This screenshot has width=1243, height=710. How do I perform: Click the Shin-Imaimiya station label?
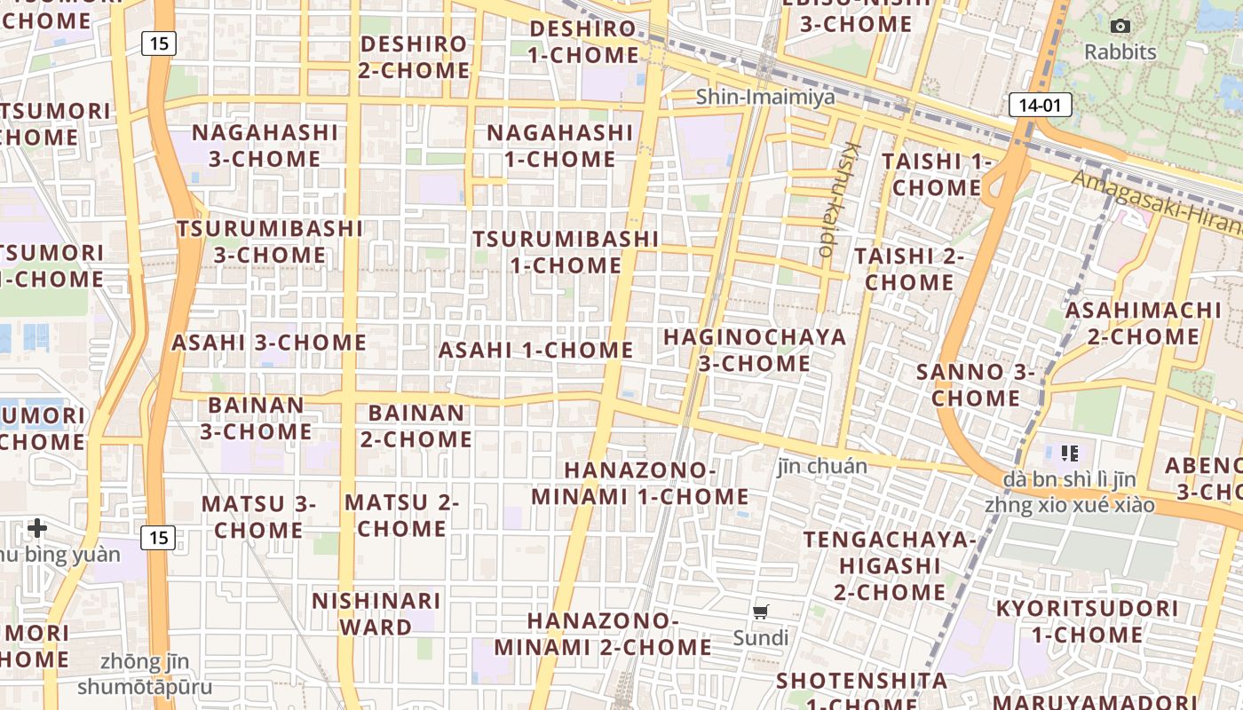765,97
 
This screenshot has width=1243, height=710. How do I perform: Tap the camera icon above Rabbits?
1120,27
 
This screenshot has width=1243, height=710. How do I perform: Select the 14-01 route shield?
1040,106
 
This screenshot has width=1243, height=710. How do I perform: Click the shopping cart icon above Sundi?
760,611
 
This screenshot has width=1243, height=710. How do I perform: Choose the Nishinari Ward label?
376,613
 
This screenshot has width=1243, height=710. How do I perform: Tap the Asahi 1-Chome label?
535,350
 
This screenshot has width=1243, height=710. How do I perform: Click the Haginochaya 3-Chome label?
755,350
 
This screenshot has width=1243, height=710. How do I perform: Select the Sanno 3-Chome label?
975,384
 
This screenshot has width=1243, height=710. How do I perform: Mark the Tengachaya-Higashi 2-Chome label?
890,565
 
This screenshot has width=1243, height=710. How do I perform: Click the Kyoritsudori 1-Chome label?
1087,621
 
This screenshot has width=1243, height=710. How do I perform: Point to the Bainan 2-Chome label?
416,426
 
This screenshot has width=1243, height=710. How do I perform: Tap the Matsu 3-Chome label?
258,517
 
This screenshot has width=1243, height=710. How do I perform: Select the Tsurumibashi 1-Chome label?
566,252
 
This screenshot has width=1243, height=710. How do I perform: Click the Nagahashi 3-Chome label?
265,146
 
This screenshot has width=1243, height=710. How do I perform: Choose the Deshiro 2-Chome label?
414,57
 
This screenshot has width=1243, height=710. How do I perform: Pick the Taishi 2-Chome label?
909,269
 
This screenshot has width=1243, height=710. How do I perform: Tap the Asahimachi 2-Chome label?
1144,323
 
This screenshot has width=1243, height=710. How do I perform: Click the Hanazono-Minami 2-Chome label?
603,634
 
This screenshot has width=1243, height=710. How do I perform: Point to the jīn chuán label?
822,465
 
